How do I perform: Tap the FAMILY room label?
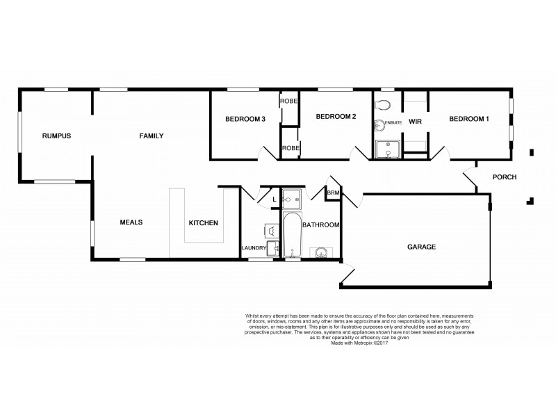151,136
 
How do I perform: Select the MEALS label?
131,222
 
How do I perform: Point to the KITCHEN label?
204,223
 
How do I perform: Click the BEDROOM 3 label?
245,119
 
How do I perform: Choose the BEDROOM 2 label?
336,117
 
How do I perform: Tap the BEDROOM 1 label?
469,119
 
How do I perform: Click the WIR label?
416,122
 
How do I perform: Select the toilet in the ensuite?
382,105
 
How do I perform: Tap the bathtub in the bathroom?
291,236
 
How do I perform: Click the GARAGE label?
421,247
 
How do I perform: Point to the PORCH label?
504,177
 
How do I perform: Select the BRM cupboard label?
334,193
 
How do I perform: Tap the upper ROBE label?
289,101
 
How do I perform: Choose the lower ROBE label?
289,148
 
